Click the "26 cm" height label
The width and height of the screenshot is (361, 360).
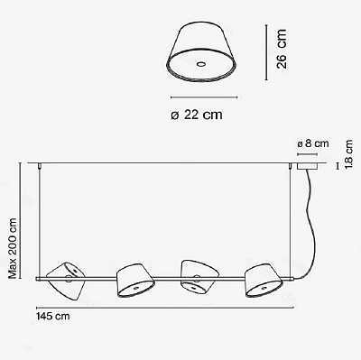coord(282,49)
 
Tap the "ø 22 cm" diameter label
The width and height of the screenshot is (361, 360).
coord(197,115)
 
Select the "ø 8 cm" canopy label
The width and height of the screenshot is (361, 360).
coord(313,143)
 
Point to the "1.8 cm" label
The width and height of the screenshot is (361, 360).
coord(349,154)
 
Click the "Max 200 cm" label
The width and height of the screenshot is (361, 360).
coord(13,248)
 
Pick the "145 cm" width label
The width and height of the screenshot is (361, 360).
coord(53,317)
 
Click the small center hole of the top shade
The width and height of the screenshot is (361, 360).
coord(200,64)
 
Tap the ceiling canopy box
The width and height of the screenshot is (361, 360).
coord(308,166)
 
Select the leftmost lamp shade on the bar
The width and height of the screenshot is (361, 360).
coord(66,281)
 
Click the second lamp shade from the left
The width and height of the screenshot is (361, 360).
coord(135,281)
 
